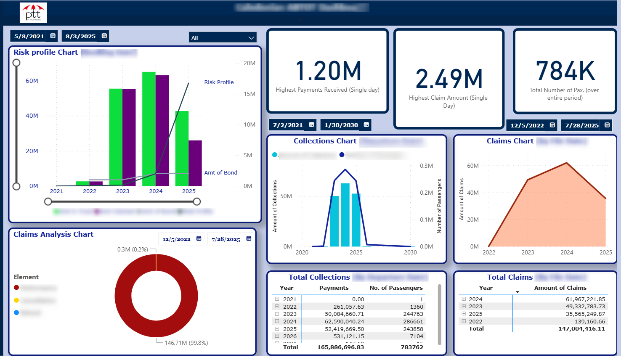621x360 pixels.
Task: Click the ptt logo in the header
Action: pos(33,13)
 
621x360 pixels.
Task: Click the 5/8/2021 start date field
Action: pos(29,36)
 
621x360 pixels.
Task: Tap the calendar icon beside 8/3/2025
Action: pos(104,36)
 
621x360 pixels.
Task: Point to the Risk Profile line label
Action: pos(219,82)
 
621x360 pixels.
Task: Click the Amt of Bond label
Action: pos(220,172)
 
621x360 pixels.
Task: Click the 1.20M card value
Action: pos(328,71)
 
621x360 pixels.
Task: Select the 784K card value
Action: pos(565,71)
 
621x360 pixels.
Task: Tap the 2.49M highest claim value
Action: pos(448,79)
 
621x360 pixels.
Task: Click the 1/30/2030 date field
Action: pos(341,125)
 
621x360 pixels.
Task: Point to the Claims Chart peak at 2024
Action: pos(567,163)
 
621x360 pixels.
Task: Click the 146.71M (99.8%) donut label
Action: pos(186,343)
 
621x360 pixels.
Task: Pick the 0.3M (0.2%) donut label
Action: pos(133,249)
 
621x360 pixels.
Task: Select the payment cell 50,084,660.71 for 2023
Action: pos(344,314)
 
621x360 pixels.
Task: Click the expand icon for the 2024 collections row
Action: pos(277,321)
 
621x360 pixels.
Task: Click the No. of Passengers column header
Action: pos(396,288)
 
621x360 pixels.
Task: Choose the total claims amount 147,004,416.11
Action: pos(581,328)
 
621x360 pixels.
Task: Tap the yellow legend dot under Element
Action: pos(16,300)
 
